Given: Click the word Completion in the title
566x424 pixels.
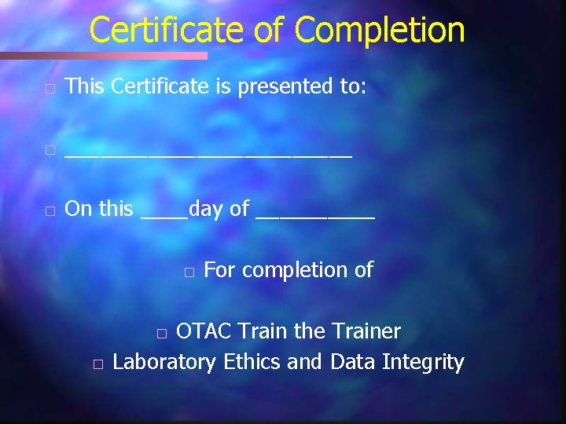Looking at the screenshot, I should coord(380,31).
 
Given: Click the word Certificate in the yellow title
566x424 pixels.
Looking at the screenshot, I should coord(166,31).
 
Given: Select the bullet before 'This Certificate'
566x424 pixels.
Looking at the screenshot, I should coord(50,87).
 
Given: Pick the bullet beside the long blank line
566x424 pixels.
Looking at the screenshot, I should coord(50,149).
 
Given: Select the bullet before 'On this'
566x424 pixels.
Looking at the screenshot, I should coord(50,210).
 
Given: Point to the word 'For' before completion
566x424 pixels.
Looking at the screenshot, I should coord(219,270).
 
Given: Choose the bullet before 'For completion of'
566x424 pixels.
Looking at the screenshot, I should coord(189,272).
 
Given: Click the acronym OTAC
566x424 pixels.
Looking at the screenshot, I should coord(204,332).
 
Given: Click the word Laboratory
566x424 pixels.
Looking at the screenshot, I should coord(164,363).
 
